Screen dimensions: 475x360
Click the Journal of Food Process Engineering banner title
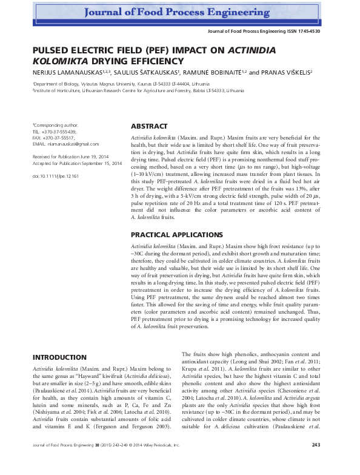(180, 12)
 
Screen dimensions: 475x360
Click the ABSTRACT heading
(149, 126)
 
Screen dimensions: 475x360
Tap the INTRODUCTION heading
(59, 357)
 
